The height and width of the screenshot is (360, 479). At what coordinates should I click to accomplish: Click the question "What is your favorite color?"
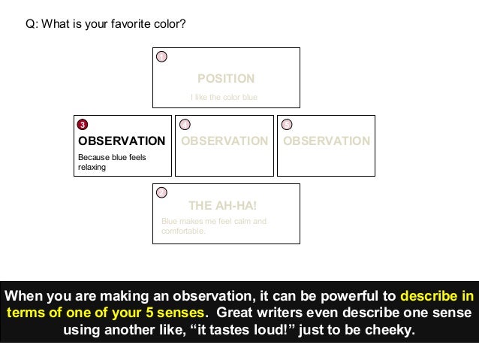105,24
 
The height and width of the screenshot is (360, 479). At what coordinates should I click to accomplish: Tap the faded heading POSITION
225,78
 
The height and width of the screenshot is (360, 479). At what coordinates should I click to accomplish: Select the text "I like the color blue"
224,96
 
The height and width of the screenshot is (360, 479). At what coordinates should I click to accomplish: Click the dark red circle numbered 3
83,124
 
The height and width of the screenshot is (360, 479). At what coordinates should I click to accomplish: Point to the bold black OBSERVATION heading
122,141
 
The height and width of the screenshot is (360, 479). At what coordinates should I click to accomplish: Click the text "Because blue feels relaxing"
113,162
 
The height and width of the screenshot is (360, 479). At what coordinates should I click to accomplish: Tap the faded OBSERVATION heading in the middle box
224,141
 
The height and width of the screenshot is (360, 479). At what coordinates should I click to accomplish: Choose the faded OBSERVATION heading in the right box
327,141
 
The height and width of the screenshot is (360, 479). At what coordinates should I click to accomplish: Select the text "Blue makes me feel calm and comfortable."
214,226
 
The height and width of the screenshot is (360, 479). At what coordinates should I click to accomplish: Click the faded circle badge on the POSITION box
161,56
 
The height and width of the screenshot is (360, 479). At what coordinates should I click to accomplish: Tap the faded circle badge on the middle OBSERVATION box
185,124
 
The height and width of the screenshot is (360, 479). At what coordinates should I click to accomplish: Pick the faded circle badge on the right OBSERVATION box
287,124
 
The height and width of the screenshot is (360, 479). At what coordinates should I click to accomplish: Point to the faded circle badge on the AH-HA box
161,192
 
